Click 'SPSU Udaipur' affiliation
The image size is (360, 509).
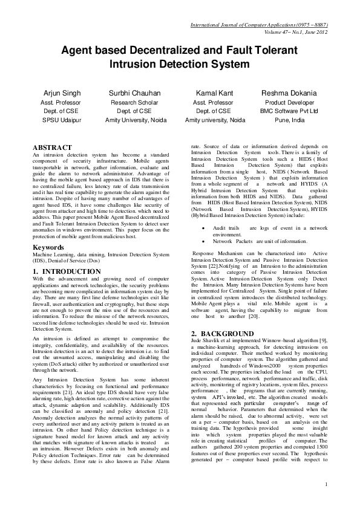[x=61, y=120]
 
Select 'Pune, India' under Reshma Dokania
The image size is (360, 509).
[x=289, y=120]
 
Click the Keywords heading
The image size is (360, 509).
[x=49, y=247]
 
